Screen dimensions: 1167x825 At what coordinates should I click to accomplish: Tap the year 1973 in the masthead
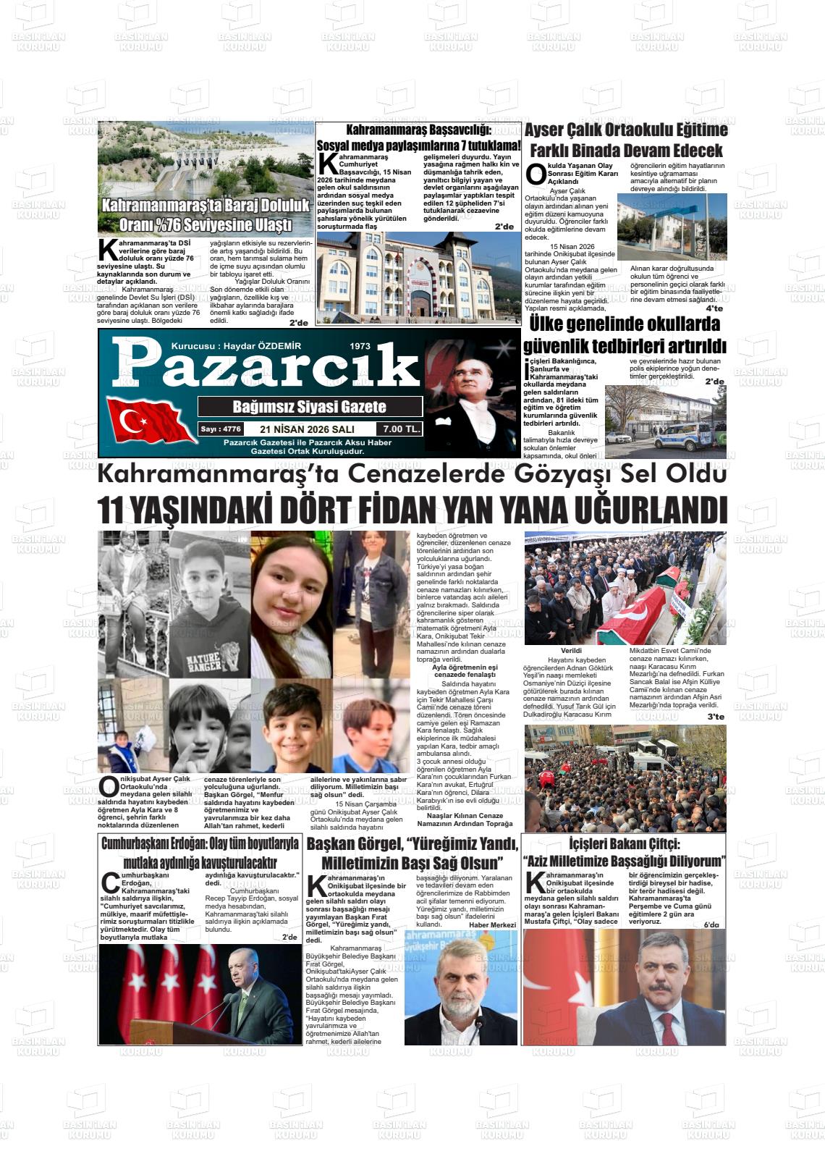(359, 346)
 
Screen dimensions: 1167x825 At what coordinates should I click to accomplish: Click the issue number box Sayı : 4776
(221, 429)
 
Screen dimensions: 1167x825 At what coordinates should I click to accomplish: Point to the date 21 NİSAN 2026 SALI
(308, 429)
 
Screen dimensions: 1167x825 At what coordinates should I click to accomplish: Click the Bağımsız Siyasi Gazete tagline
(310, 406)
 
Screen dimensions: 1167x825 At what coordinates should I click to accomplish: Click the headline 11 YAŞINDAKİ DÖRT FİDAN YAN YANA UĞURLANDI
(412, 510)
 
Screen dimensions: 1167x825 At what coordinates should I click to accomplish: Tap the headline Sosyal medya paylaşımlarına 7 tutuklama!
(418, 146)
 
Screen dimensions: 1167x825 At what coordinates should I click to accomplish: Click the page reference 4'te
(714, 309)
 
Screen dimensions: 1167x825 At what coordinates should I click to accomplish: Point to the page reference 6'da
(711, 924)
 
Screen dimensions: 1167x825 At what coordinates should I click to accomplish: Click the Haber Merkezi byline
(492, 924)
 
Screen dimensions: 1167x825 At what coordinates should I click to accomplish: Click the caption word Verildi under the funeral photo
(571, 651)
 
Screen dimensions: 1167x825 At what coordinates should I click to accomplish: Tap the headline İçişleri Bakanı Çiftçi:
(624, 844)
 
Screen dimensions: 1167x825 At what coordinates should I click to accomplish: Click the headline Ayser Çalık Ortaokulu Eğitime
(625, 130)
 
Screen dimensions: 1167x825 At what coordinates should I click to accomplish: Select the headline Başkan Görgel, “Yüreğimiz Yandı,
(412, 844)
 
